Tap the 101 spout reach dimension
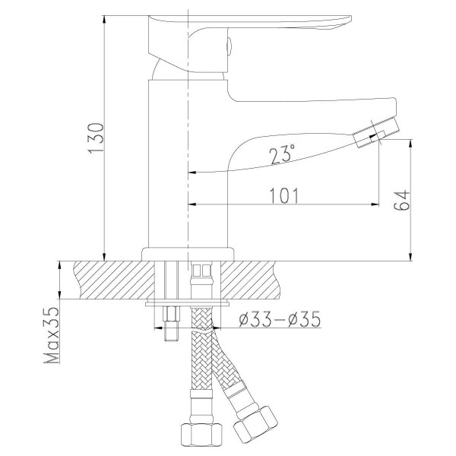[x=283, y=195]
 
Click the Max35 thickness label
[x=52, y=335]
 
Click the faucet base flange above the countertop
[x=186, y=254]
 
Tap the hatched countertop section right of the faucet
[x=304, y=279]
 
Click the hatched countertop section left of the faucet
[x=106, y=279]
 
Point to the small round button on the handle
[x=226, y=45]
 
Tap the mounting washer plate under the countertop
[x=186, y=303]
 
